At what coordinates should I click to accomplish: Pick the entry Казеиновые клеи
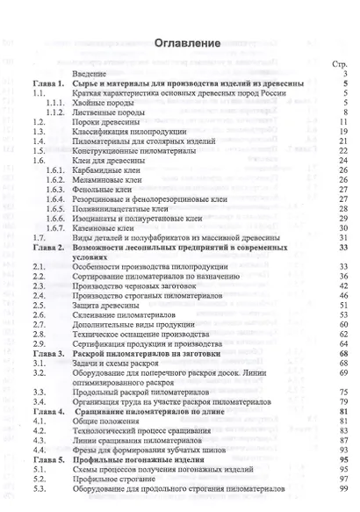point(120,227)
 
